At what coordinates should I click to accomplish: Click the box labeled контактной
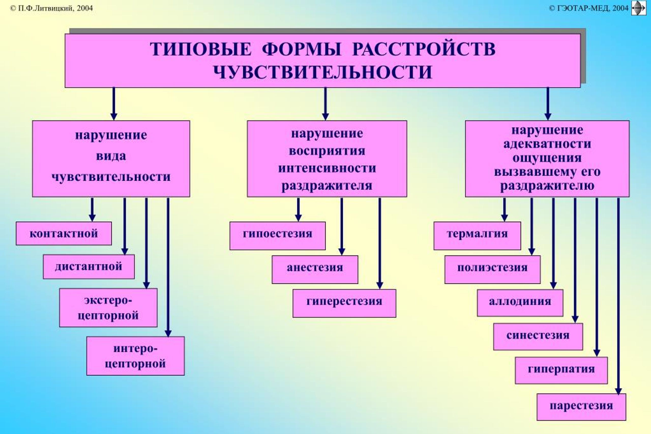click(64, 233)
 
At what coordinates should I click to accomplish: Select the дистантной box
click(89, 266)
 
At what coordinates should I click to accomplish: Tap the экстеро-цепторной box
click(108, 307)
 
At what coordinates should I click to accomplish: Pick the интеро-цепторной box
click(135, 356)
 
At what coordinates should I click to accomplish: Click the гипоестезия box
click(277, 235)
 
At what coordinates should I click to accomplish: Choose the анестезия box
click(315, 269)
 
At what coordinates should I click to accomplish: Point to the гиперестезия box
click(344, 303)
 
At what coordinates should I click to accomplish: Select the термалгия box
click(477, 235)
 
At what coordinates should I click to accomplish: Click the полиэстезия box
click(492, 269)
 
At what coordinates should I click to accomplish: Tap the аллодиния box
click(520, 303)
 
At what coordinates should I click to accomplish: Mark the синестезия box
click(538, 336)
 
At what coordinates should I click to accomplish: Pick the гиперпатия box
click(561, 370)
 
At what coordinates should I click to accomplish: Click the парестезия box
click(581, 407)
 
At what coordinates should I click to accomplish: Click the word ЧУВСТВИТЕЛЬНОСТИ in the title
click(323, 72)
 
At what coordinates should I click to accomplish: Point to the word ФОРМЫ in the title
click(301, 49)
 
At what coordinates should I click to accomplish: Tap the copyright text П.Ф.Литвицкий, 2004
click(51, 8)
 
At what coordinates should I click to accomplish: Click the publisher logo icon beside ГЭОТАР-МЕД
click(639, 8)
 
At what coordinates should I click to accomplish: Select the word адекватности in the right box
click(547, 144)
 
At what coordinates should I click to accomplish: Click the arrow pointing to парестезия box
click(618, 296)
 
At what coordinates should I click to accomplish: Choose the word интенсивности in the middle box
click(327, 168)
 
